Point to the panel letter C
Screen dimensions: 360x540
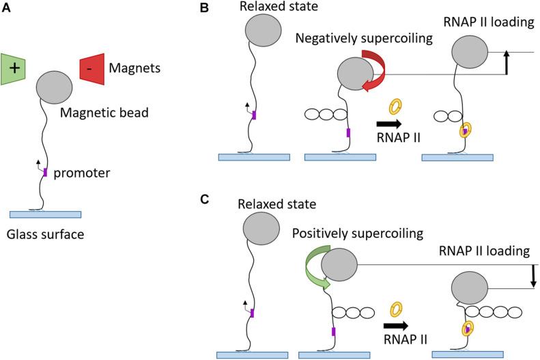(223, 203)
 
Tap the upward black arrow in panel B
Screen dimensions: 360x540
(506, 62)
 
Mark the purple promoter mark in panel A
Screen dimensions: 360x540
(45, 173)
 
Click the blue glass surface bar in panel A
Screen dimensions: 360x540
(45, 214)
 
